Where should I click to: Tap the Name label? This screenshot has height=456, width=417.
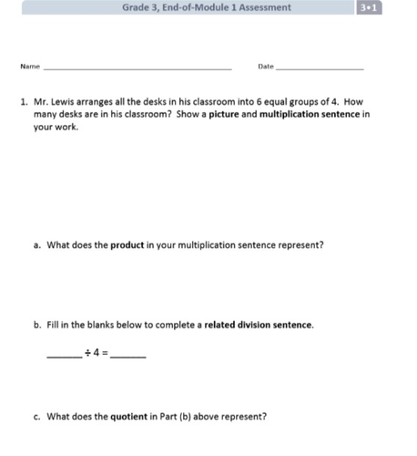(30, 67)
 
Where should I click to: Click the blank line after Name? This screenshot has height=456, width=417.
(137, 69)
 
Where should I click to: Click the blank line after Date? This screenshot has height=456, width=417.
(320, 69)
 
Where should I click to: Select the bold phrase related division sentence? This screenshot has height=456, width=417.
(259, 325)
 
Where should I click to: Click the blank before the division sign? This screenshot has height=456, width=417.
(63, 356)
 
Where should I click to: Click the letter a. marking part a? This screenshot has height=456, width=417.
(36, 244)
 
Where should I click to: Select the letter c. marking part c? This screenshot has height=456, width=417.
(36, 416)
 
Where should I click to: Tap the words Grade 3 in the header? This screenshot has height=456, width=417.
(139, 7)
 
